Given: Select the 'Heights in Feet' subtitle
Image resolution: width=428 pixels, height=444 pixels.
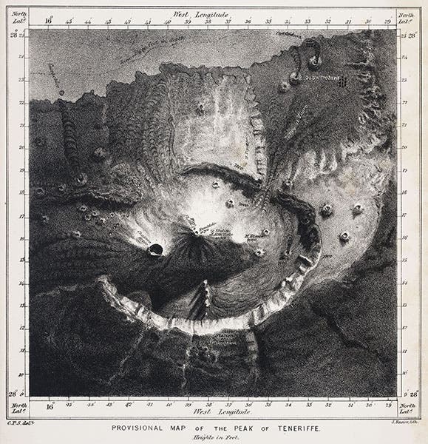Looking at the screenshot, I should pyautogui.click(x=214, y=437).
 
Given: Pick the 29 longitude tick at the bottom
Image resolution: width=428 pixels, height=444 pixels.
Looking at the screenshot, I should pyautogui.click(x=387, y=405).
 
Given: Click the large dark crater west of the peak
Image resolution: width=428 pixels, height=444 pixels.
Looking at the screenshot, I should pyautogui.click(x=156, y=250).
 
